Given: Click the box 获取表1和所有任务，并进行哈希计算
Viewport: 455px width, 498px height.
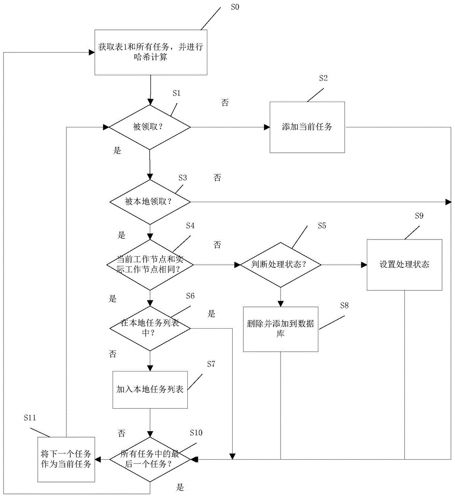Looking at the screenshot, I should pos(150,52).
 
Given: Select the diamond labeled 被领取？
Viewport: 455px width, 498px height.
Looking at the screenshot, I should pos(150,127).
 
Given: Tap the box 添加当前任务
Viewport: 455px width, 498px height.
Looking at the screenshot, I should pos(307,127).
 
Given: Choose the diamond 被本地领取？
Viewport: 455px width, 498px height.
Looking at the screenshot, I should pos(150,202).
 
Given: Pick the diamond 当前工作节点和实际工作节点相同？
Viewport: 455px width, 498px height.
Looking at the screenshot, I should pos(150,264).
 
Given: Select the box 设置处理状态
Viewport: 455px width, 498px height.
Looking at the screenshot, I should pos(404,264).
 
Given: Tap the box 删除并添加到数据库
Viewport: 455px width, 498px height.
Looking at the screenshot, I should pos(281,329).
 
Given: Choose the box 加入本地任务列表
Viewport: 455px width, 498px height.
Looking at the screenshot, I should pos(150,389).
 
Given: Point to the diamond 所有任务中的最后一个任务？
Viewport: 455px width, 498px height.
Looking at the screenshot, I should pos(150,458).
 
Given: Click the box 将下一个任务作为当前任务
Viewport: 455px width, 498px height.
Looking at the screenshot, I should pos(66,458).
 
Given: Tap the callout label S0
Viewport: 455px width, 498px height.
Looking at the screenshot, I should pos(234,8).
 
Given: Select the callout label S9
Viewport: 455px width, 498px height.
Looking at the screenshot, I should pos(419,216).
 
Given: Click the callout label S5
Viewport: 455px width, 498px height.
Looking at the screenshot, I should pos(322,226).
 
